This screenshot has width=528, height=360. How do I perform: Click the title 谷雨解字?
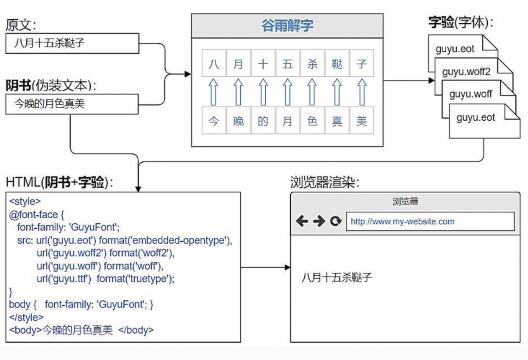click(287, 26)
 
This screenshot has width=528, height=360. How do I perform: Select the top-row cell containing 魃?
click(337, 64)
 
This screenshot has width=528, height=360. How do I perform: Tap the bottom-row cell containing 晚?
click(239, 122)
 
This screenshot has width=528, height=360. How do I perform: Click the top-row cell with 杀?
click(312, 64)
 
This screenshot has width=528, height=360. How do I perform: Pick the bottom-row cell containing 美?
click(361, 122)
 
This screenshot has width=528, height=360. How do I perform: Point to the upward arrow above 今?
click(214, 92)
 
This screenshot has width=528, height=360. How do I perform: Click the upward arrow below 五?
click(288, 92)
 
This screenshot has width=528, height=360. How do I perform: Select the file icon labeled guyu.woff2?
click(466, 72)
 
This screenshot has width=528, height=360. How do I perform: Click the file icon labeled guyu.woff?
click(471, 94)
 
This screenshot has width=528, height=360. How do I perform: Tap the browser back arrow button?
click(302, 221)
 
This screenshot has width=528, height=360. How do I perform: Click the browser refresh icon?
click(336, 221)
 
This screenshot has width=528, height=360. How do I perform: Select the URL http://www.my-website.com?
click(403, 222)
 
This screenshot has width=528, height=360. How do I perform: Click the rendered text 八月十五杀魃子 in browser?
click(336, 278)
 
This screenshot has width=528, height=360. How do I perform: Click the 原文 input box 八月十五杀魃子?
click(72, 43)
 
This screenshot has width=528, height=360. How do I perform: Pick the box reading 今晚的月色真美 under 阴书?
click(72, 104)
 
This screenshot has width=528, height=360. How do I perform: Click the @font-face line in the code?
click(36, 214)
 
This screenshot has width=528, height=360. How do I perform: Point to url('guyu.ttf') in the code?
click(64, 279)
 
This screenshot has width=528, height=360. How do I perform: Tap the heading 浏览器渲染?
click(325, 182)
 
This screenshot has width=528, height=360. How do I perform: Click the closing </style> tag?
click(26, 317)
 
